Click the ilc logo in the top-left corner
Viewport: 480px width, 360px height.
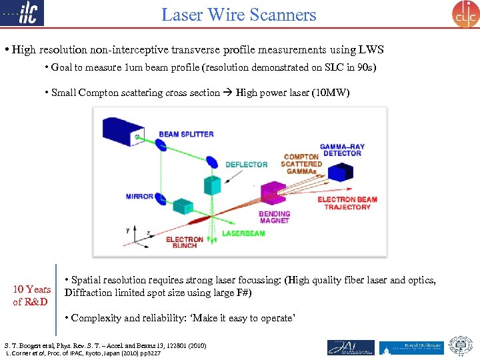[x=23, y=13]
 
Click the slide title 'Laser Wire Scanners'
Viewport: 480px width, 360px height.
[x=239, y=14]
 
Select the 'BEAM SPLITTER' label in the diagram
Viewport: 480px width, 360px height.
[x=186, y=134]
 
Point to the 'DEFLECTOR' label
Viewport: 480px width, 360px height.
[x=246, y=165]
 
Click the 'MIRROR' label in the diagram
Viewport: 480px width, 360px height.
[x=139, y=197]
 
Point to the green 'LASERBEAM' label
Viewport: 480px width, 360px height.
[x=243, y=234]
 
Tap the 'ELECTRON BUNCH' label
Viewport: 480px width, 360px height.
[x=184, y=243]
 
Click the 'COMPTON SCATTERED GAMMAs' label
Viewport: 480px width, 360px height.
[x=301, y=164]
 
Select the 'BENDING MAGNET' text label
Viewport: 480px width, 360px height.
[x=274, y=217]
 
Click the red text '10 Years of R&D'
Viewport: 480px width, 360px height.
[x=32, y=295]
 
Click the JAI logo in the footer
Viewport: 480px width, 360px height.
[x=351, y=347]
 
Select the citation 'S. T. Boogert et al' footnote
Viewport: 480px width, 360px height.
[x=105, y=345]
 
